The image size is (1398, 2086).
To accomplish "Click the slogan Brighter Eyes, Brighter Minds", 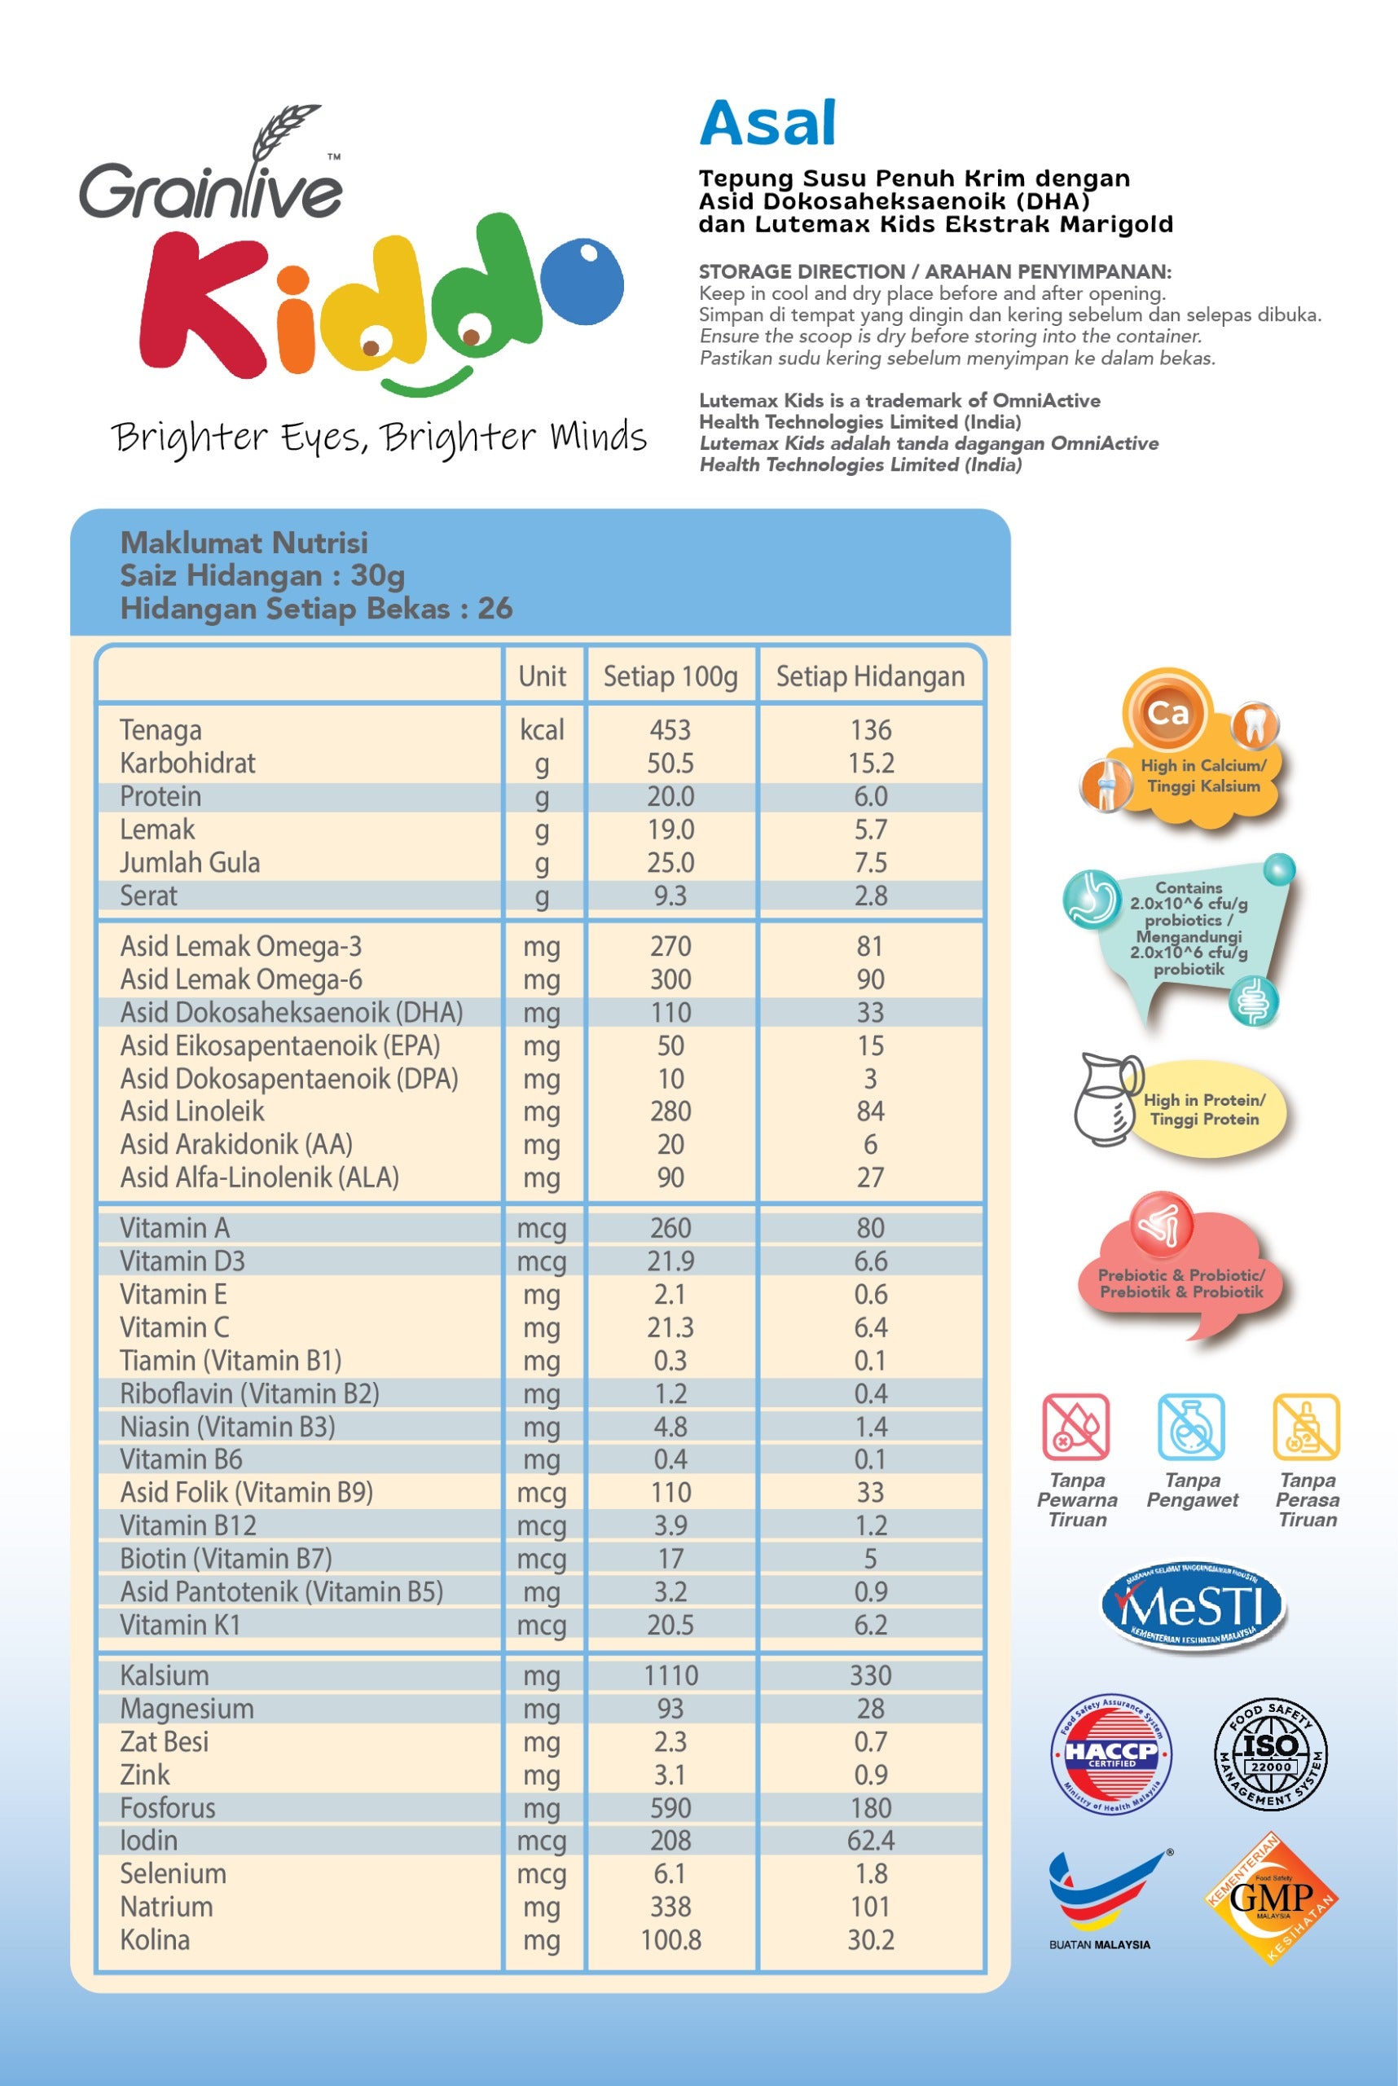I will (x=379, y=438).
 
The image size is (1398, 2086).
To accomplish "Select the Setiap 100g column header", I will (x=670, y=676).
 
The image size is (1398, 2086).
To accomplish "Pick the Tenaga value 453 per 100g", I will (x=670, y=729).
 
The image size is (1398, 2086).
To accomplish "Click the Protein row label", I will (x=160, y=796).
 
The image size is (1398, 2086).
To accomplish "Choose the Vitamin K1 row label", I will (x=180, y=1624).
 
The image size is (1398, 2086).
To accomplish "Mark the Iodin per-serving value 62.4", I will (x=870, y=1840).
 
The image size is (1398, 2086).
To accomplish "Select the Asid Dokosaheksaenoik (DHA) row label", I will (x=292, y=1012).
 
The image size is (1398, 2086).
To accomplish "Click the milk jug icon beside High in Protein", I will (x=1106, y=1099).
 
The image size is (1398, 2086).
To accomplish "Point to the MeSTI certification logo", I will (x=1192, y=1606).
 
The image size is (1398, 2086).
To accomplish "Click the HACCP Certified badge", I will (x=1111, y=1753).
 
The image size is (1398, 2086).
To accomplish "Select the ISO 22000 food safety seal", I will (x=1271, y=1753).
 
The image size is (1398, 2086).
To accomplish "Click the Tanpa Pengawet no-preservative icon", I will (x=1191, y=1427).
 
